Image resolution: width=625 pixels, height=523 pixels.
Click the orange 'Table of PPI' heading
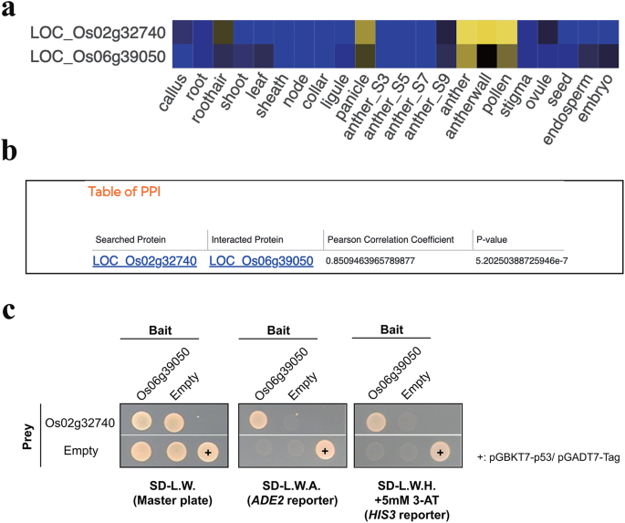tap(126, 192)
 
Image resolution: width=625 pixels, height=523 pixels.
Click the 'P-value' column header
tap(493, 239)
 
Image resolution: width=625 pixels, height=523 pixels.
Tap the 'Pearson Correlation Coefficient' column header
tap(391, 239)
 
